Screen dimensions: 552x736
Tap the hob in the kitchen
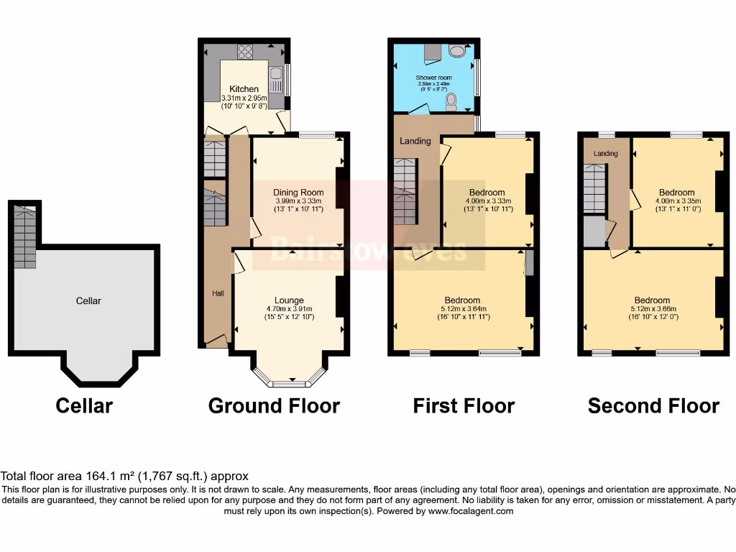point(245,50)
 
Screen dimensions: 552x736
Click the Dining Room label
point(298,192)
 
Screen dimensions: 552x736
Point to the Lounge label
point(289,300)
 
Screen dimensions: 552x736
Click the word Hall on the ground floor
point(217,293)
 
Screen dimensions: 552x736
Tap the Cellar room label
point(88,300)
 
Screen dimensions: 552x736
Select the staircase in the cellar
point(24,236)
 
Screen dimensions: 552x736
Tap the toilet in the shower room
point(451,102)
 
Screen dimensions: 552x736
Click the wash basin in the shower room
point(456,51)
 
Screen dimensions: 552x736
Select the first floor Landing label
point(415,141)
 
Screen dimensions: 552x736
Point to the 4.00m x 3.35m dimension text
point(677,201)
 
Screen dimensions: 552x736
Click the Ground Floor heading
point(274,406)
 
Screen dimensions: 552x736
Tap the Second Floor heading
point(653,406)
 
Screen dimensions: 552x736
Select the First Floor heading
point(464,406)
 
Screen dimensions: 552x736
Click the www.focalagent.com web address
point(471,511)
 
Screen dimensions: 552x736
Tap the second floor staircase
point(594,189)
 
